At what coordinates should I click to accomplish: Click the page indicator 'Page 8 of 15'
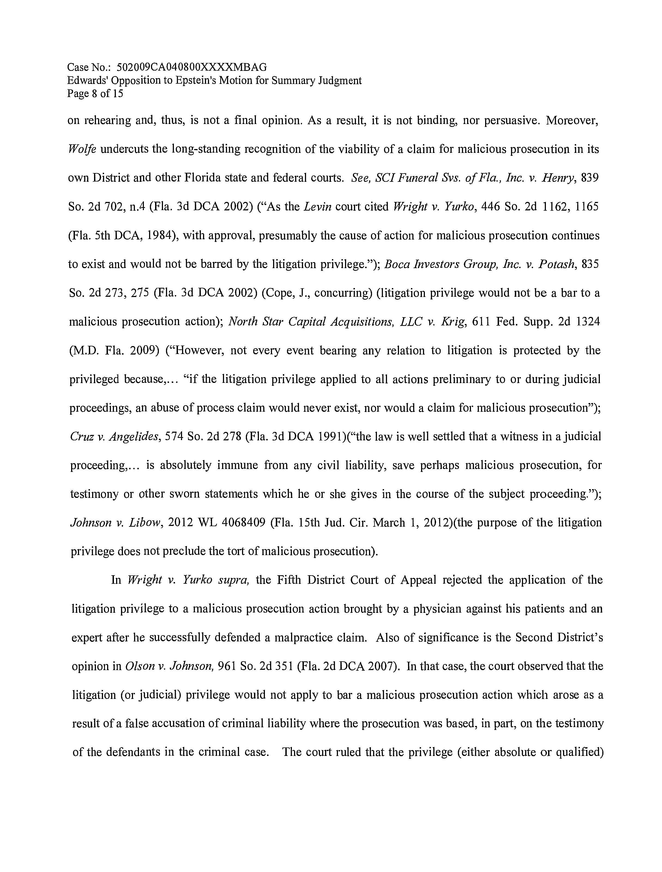[x=95, y=94]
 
